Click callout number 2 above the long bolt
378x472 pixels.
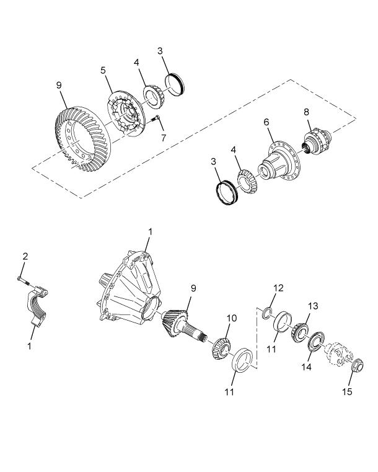pyautogui.click(x=25, y=256)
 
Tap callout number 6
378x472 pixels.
pyautogui.click(x=266, y=123)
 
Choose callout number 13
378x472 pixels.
pyautogui.click(x=313, y=306)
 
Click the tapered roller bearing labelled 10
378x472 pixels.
pyautogui.click(x=221, y=347)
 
